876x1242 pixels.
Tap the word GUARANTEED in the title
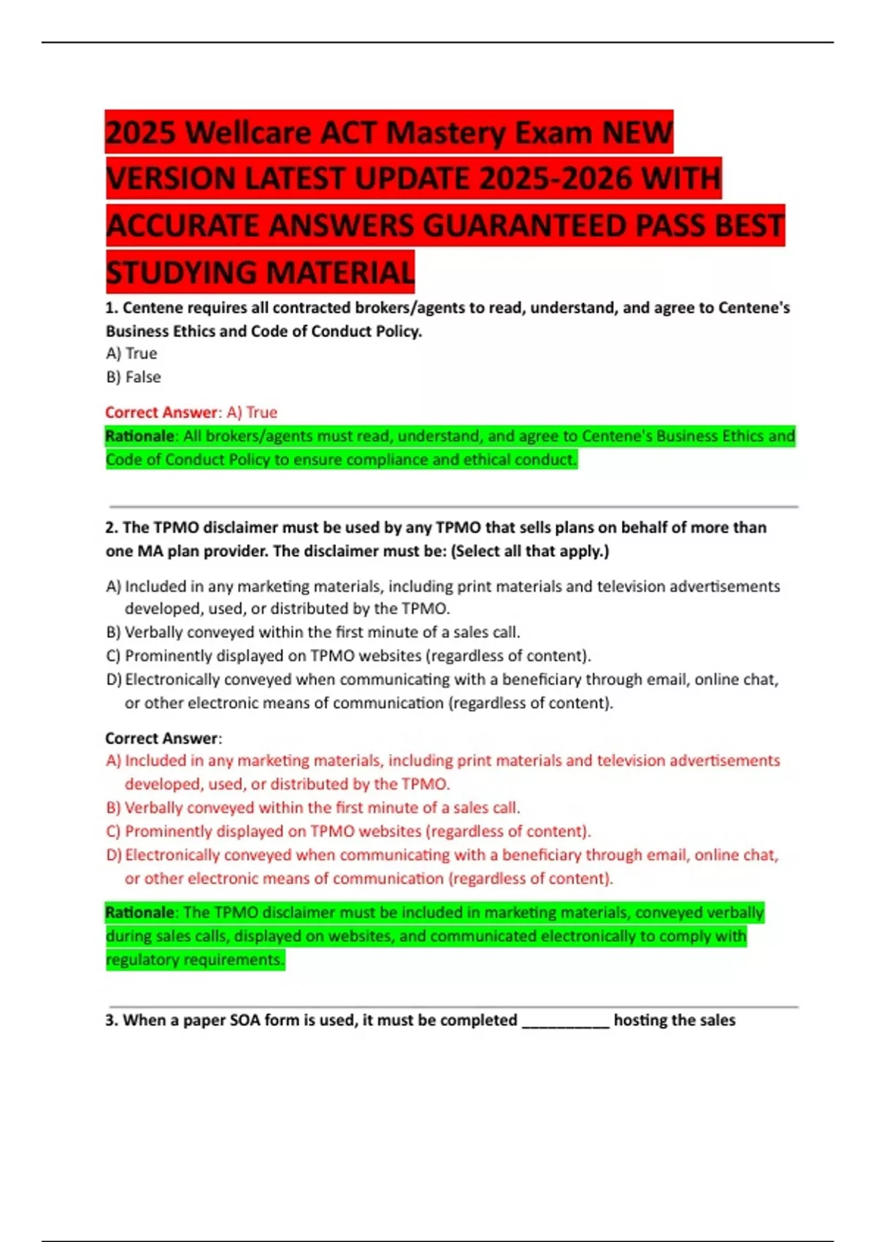click(x=525, y=226)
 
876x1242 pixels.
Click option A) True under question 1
click(x=131, y=354)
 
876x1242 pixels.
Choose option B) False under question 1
click(x=134, y=377)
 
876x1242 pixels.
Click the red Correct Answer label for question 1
click(x=161, y=413)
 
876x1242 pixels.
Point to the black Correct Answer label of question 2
click(x=161, y=739)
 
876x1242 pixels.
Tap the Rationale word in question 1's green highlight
click(x=139, y=436)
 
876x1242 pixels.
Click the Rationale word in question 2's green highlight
click(x=139, y=913)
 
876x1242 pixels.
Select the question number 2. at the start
click(x=112, y=527)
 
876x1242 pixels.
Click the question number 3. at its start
click(x=112, y=1021)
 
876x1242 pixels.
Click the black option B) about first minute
click(x=314, y=632)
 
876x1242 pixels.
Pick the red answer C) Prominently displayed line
click(x=349, y=831)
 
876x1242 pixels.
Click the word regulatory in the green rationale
click(x=142, y=960)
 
